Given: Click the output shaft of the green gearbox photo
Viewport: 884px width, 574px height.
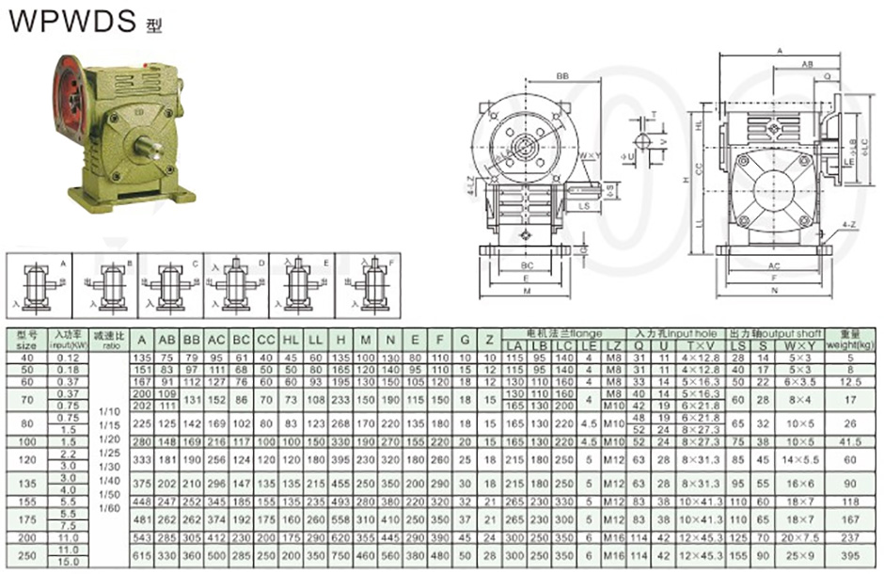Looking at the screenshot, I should [x=149, y=147].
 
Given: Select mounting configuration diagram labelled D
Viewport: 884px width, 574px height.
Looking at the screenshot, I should [x=232, y=283].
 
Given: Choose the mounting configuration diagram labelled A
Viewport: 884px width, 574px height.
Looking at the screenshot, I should [x=39, y=283].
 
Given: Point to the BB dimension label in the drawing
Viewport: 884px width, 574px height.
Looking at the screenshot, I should [x=562, y=75].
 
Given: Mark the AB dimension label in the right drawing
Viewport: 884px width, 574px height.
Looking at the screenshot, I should [x=806, y=64].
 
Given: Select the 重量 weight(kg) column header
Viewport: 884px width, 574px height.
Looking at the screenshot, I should [x=851, y=339].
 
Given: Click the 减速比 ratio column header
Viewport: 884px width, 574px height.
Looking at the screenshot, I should [x=111, y=340].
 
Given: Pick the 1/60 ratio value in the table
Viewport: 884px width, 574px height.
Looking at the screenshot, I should [x=111, y=507].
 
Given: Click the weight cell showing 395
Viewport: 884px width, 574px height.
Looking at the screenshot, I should [x=851, y=555].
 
